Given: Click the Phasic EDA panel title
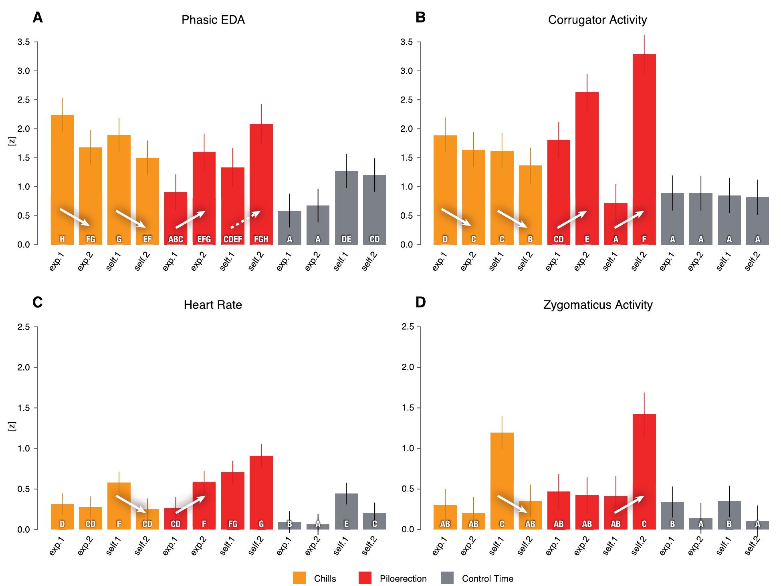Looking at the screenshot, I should (213, 20).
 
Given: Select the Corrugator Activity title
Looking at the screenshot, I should (597, 20).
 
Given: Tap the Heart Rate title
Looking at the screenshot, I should (213, 305).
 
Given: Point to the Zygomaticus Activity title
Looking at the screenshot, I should (598, 305).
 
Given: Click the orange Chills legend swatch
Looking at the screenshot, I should (299, 578).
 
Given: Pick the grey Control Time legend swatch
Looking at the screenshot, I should (447, 578).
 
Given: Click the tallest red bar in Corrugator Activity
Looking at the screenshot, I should (644, 148).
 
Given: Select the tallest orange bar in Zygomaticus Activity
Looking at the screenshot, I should (502, 481).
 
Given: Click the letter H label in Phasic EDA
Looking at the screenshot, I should (62, 239).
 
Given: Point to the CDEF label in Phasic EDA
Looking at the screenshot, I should (233, 239).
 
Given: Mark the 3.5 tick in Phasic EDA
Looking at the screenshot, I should (24, 42).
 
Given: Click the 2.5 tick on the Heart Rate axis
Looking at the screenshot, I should (24, 327).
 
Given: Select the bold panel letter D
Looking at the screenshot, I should (420, 302).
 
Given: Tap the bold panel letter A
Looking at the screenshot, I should (37, 18).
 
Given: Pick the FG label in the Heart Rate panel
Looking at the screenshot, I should (233, 524).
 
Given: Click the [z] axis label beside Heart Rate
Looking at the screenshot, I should (11, 427).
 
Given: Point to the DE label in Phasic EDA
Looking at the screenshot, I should (346, 239).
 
